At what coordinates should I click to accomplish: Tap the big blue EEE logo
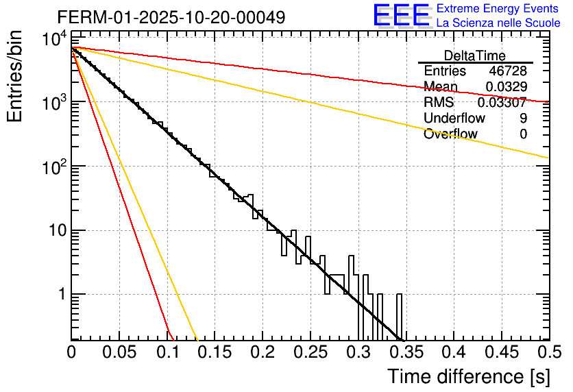(x=401, y=15)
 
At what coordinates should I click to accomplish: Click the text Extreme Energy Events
(x=498, y=9)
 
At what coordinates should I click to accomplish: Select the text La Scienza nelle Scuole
(x=498, y=23)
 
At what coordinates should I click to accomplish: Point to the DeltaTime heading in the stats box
(x=475, y=56)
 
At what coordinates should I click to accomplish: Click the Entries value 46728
(x=508, y=71)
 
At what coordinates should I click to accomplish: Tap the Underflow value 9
(x=523, y=118)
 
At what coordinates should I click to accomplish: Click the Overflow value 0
(x=523, y=134)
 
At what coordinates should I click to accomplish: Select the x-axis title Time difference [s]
(x=467, y=376)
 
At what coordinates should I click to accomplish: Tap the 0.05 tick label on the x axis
(x=119, y=353)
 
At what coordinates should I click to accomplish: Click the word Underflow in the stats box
(x=454, y=118)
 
